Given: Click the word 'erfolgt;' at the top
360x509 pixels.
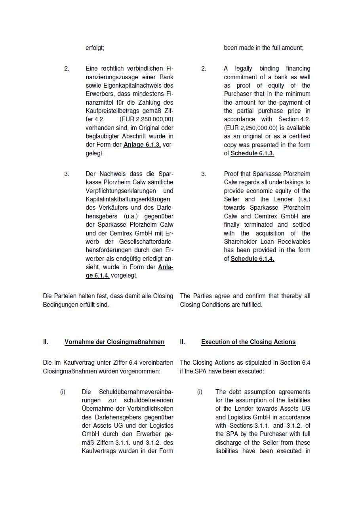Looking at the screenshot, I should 95,48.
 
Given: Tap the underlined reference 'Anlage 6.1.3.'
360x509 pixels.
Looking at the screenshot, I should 142,145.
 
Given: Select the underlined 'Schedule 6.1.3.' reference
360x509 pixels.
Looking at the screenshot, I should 252,153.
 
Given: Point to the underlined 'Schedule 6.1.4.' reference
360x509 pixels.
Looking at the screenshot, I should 252,259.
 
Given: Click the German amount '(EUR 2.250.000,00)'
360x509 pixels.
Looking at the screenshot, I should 146,119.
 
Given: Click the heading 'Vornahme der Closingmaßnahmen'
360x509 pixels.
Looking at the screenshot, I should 114,342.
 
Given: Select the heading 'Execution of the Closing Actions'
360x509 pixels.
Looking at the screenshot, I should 248,342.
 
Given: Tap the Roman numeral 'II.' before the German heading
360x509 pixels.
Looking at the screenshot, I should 46,342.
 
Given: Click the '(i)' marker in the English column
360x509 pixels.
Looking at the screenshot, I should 200,392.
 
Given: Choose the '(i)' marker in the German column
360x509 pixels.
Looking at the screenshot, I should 63,392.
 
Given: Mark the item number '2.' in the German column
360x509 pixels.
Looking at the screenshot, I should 67,69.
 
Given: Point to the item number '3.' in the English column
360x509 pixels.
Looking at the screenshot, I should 204,174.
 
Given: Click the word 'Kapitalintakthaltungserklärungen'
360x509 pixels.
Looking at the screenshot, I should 128,199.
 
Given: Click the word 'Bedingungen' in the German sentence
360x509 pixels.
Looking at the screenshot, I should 60,305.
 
